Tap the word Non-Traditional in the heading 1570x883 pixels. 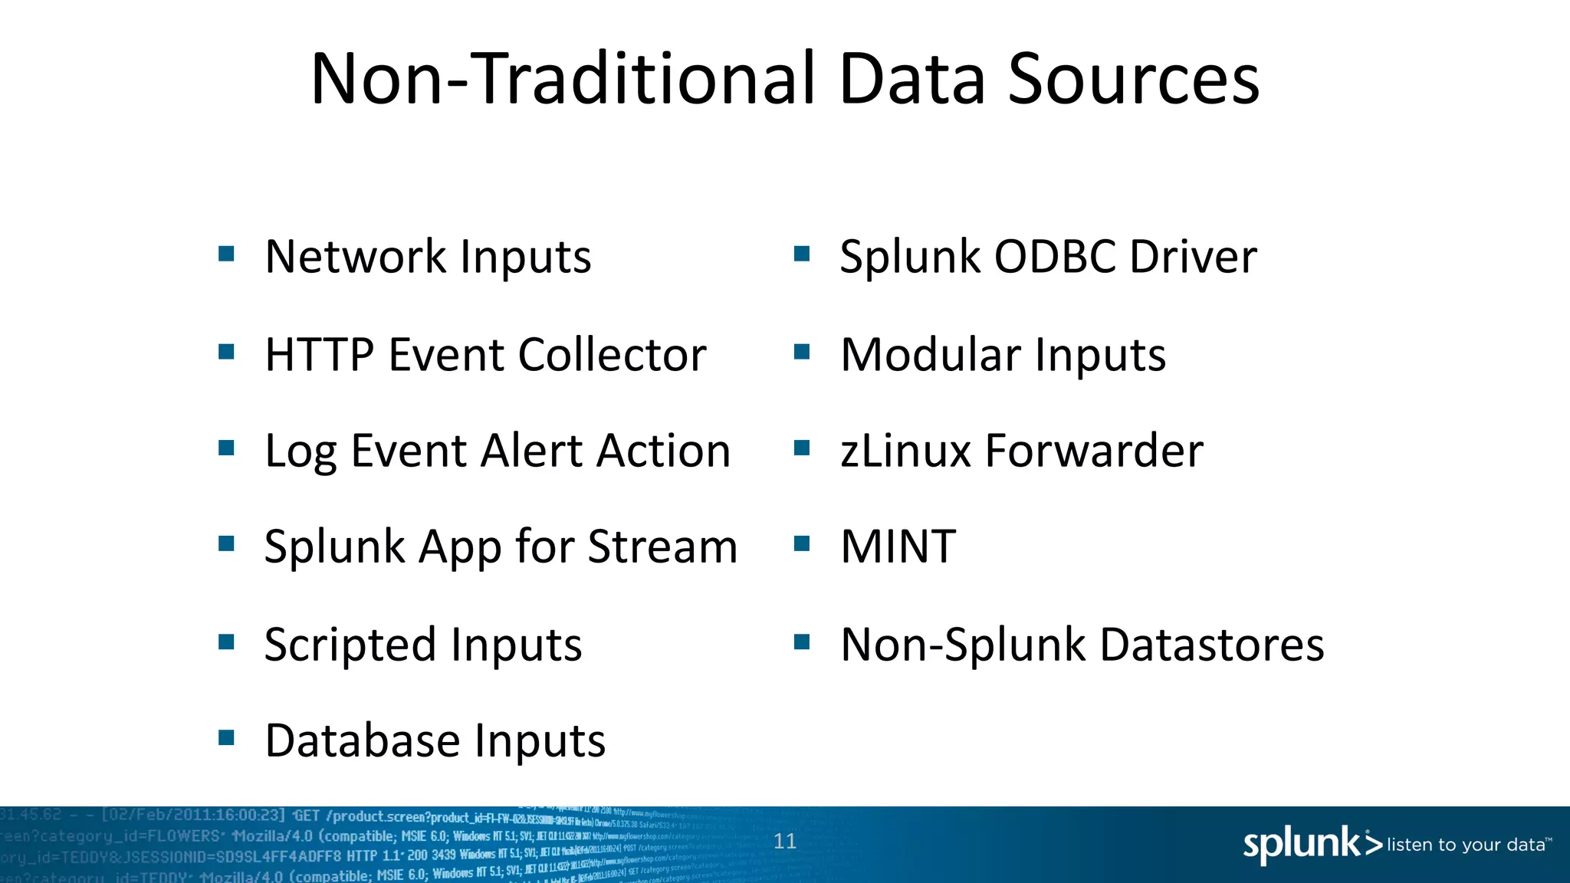[x=563, y=80]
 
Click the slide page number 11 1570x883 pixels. [x=785, y=842]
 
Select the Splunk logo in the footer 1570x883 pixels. [x=1312, y=844]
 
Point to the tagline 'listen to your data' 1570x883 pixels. [x=1467, y=845]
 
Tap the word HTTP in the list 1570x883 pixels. [x=319, y=355]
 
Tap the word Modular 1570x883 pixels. [x=930, y=355]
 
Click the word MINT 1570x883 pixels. [x=898, y=547]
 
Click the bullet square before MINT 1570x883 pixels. [x=802, y=544]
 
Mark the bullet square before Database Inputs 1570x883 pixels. [x=226, y=738]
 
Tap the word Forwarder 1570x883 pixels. [x=1094, y=451]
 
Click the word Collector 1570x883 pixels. [x=612, y=355]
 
